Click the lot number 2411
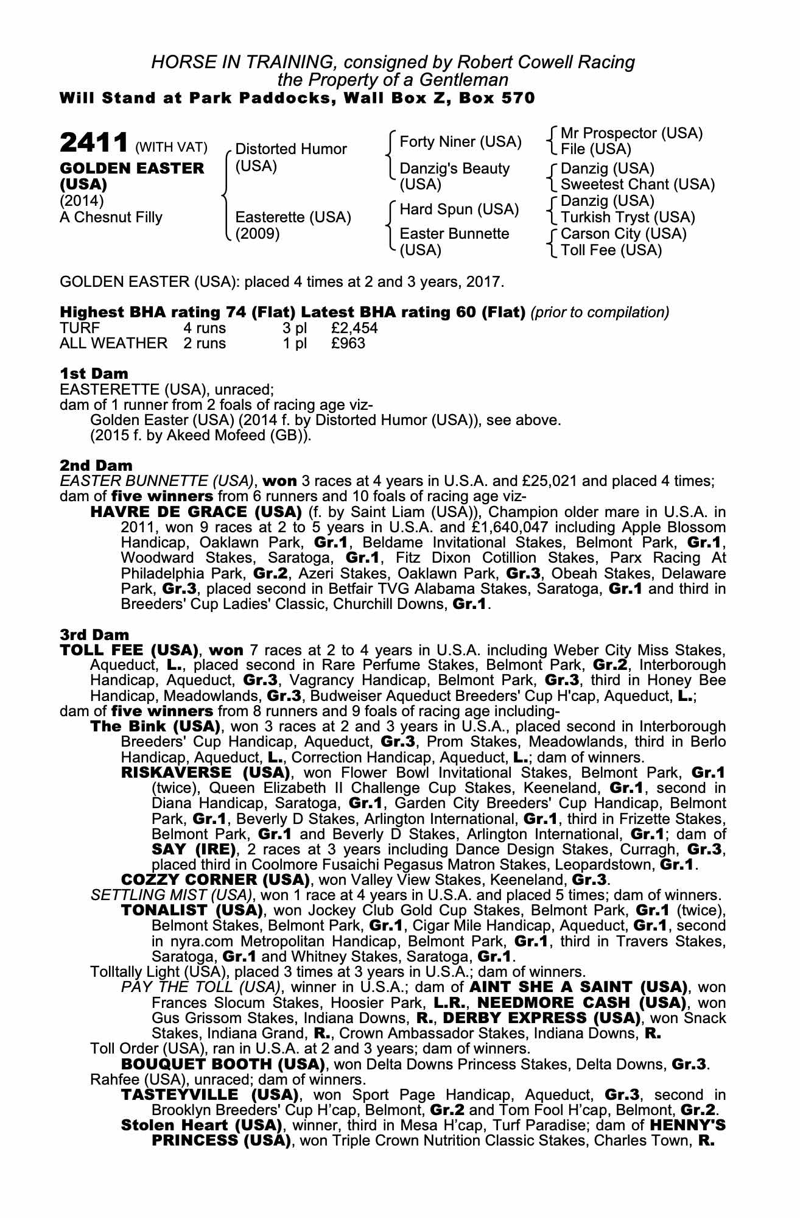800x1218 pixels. point(94,144)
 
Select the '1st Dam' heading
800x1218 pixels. point(94,373)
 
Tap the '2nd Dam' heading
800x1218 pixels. point(96,466)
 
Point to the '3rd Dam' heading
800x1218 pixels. point(95,635)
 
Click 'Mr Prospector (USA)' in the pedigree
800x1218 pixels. point(631,133)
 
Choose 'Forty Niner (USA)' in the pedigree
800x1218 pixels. point(460,142)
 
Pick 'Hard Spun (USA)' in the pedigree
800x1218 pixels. point(459,209)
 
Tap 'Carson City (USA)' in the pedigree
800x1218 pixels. point(623,234)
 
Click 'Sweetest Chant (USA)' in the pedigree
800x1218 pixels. point(637,185)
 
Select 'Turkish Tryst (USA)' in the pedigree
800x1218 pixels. point(627,217)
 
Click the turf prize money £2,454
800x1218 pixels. point(354,328)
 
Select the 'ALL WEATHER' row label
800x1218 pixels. point(113,343)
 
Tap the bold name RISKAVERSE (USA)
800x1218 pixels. point(205,773)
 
